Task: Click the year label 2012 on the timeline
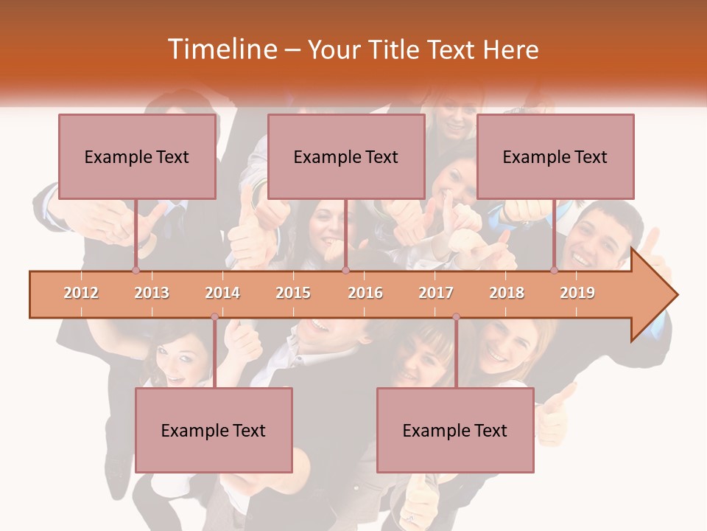tap(81, 293)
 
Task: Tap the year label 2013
tap(152, 293)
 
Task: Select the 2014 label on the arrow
tap(222, 293)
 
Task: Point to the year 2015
tap(293, 293)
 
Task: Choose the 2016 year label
tap(365, 293)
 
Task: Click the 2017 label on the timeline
tap(436, 293)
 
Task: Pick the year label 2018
tap(507, 293)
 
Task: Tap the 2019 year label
tap(577, 293)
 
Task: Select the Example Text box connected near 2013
tap(137, 156)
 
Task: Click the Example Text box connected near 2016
tap(346, 156)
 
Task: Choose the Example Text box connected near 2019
tap(555, 156)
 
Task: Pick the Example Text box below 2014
tap(214, 430)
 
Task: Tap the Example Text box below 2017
tap(455, 430)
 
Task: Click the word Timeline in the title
tap(220, 49)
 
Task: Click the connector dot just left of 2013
tap(136, 271)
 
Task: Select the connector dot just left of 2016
tap(345, 271)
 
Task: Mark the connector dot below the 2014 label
tap(214, 317)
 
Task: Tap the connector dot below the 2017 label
tap(456, 317)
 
